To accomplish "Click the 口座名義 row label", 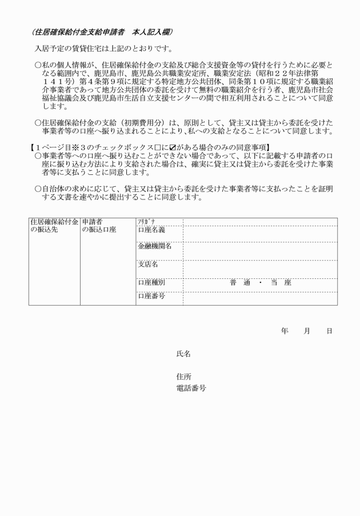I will pos(151,230).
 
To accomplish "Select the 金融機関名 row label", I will pos(154,247).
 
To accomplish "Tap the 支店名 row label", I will pos(148,265).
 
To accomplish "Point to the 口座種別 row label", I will pos(151,282).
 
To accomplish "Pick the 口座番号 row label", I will pos(151,297).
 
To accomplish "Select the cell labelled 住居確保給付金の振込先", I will pos(54,226).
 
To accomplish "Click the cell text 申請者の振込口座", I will pos(99,226).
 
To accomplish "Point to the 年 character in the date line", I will pos(284,331).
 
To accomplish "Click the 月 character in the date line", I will pos(307,331).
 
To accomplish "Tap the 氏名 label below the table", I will pos(183,354).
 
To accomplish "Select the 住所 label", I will pos(183,377).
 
